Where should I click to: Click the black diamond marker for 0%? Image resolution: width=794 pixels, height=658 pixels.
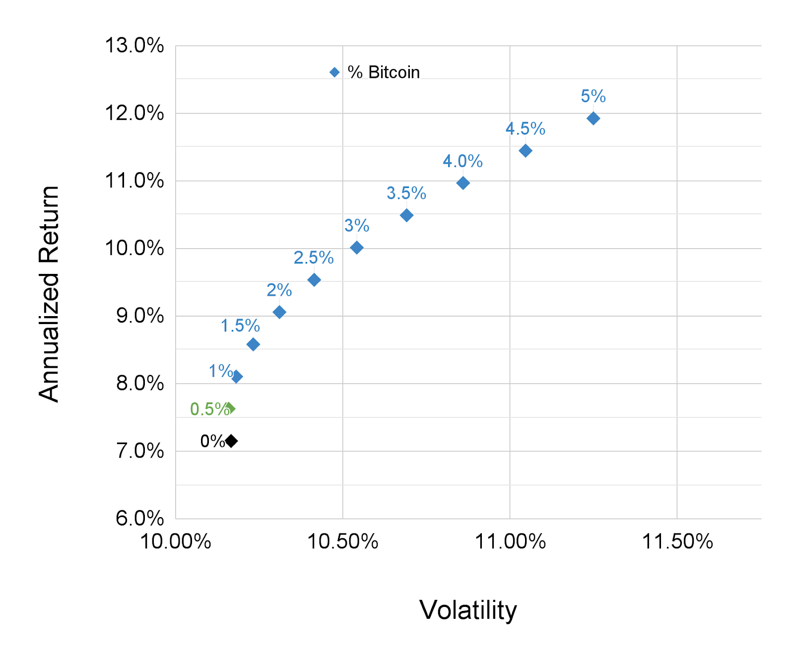tap(231, 441)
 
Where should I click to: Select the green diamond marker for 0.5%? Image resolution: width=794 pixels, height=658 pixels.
tap(230, 408)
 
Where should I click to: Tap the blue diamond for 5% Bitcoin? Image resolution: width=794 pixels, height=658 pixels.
tap(593, 118)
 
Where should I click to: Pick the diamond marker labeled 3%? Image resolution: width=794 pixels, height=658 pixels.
tap(356, 248)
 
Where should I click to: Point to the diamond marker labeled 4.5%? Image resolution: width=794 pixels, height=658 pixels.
tap(525, 150)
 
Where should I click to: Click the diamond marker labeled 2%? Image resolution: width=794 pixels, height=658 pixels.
tap(279, 312)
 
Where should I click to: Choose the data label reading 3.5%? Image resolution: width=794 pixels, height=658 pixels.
tap(406, 193)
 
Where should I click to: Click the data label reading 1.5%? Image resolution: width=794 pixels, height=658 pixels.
tap(240, 326)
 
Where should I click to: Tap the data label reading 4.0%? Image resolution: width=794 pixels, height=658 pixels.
tap(463, 161)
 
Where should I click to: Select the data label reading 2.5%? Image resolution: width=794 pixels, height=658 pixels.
tap(314, 258)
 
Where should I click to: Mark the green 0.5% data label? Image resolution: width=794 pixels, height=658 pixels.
tap(208, 409)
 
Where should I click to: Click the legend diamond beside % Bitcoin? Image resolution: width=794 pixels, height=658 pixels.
tap(334, 72)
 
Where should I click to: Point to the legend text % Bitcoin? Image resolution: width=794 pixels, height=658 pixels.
tap(384, 72)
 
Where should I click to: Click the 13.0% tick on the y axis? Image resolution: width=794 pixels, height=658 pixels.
tap(134, 46)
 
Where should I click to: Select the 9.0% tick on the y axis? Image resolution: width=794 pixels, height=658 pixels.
tap(140, 316)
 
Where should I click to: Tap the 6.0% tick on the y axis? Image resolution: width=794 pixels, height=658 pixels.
tap(140, 519)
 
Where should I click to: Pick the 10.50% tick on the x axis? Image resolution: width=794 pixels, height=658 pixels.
tap(342, 541)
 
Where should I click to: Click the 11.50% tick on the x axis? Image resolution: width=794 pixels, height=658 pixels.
tap(677, 541)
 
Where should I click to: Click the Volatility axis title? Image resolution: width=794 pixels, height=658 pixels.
tap(468, 610)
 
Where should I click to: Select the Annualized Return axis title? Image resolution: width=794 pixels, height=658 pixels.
tap(49, 294)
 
